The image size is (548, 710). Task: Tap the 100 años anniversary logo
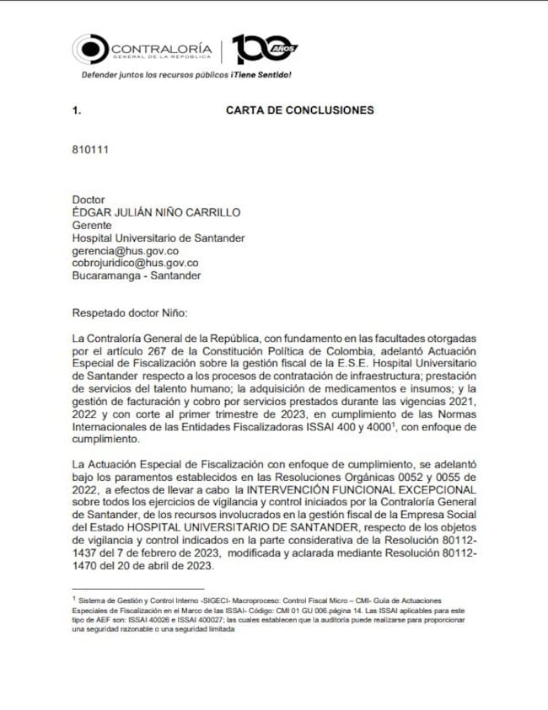263,50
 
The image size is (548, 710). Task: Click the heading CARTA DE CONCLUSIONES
299,110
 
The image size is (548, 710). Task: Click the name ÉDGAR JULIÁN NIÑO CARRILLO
157,212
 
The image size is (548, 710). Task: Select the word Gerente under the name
94,225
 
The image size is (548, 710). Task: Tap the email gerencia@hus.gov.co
126,250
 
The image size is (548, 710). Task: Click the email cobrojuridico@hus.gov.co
136,263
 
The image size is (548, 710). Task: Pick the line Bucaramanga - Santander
137,275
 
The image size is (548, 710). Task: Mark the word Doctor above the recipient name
89,200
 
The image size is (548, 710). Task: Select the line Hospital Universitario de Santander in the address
158,238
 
